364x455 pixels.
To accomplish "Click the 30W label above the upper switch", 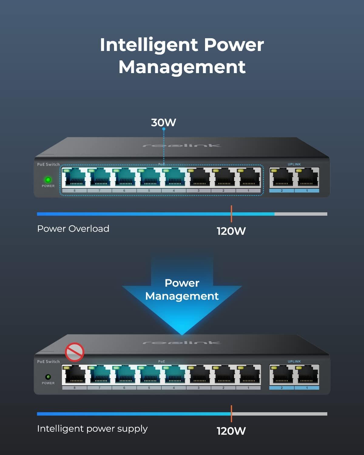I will point(163,123).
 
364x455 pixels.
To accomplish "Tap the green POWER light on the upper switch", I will point(48,180).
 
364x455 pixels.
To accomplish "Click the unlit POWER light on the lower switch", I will point(48,377).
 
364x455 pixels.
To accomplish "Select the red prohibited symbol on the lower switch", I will point(75,352).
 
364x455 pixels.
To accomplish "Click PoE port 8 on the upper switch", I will point(74,178).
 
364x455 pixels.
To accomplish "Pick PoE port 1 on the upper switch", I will point(248,178).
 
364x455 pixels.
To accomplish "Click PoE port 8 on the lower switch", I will point(74,375).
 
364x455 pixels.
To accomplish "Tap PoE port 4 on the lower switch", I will point(174,375).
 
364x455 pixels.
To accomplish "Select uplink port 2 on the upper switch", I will point(281,178).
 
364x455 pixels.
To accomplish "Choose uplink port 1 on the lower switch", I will point(307,375).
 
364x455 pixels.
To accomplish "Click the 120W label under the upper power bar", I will point(231,231).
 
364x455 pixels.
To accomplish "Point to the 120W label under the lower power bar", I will point(231,431).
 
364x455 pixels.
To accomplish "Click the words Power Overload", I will point(73,229).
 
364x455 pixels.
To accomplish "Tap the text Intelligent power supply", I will point(92,429).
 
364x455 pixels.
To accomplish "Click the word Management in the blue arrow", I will point(182,296).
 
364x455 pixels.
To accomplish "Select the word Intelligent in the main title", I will point(149,45).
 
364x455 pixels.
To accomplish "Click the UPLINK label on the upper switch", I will point(294,164).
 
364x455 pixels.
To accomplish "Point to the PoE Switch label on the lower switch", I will point(49,362).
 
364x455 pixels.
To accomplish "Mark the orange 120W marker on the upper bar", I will point(231,214).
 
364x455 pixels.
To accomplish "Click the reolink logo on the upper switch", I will point(182,146).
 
